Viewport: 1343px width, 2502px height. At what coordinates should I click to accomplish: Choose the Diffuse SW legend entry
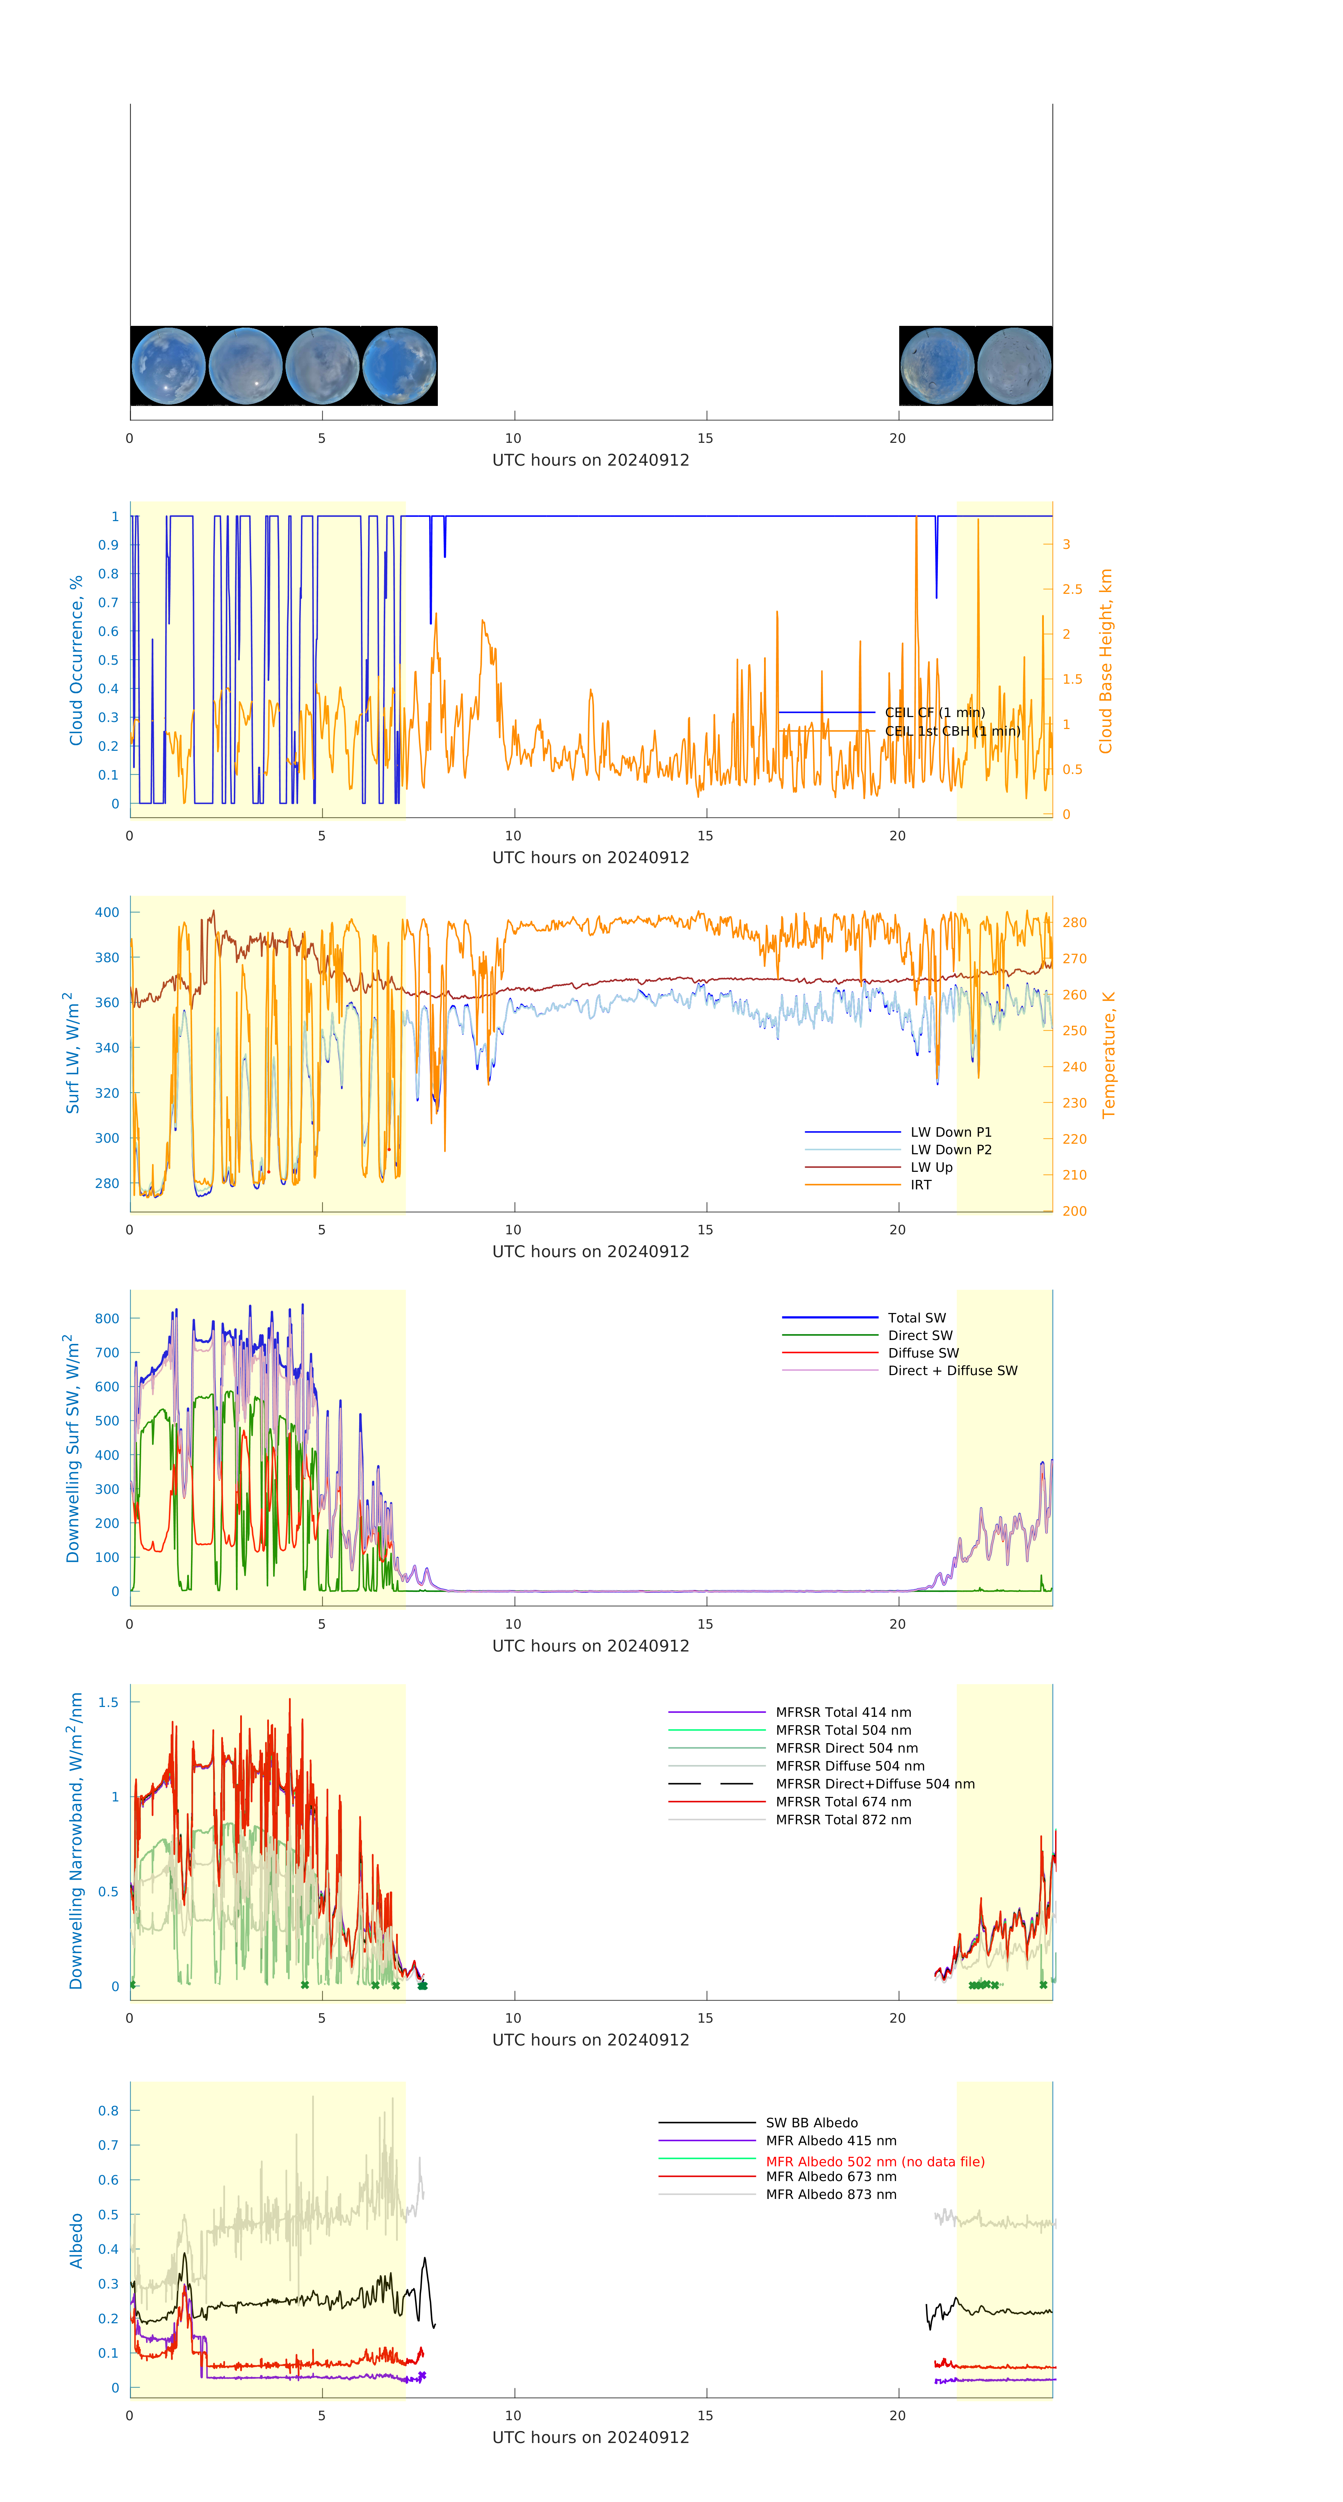922,1353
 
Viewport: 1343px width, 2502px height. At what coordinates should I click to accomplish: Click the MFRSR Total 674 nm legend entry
843,1802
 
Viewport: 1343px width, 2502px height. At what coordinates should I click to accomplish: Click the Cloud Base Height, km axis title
1105,662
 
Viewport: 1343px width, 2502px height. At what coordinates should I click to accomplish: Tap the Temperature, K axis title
1108,1055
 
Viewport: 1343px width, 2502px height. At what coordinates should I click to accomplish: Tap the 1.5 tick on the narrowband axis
109,1702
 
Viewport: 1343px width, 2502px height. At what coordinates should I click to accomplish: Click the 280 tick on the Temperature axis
1074,923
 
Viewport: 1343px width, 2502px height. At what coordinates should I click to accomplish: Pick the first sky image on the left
168,366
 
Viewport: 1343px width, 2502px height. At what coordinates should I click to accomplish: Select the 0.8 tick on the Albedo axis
109,2110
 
